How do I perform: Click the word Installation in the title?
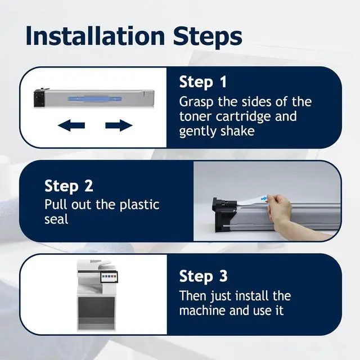95,36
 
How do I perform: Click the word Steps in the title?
208,37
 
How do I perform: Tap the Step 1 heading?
203,82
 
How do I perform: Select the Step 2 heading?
69,186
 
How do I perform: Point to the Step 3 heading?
203,276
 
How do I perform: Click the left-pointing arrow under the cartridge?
71,125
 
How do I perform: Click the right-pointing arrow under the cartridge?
119,125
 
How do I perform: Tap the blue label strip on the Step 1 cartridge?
94,100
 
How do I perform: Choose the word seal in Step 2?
56,219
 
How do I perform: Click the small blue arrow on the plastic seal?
264,198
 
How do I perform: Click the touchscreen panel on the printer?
109,277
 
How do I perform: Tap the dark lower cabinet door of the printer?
96,310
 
